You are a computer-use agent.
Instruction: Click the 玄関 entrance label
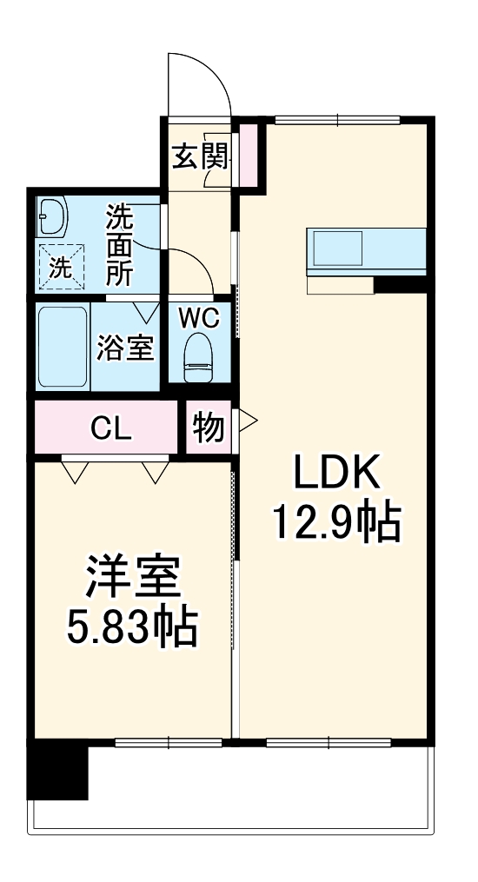200,156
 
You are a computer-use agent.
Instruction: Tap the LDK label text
336,474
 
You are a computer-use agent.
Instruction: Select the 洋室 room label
132,578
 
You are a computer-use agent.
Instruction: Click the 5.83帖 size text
132,626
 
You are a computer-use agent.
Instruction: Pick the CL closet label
111,428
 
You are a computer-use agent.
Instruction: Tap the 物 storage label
208,428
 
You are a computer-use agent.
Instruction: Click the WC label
199,318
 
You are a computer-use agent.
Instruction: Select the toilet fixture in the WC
199,358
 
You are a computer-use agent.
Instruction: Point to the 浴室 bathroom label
124,348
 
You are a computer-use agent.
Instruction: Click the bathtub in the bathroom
63,348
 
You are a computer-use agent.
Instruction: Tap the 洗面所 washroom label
121,246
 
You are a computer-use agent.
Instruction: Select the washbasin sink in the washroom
52,217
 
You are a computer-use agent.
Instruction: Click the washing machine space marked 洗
61,268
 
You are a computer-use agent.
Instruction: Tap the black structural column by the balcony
58,769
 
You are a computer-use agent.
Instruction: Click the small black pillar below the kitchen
400,284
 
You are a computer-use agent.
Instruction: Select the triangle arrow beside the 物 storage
248,421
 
